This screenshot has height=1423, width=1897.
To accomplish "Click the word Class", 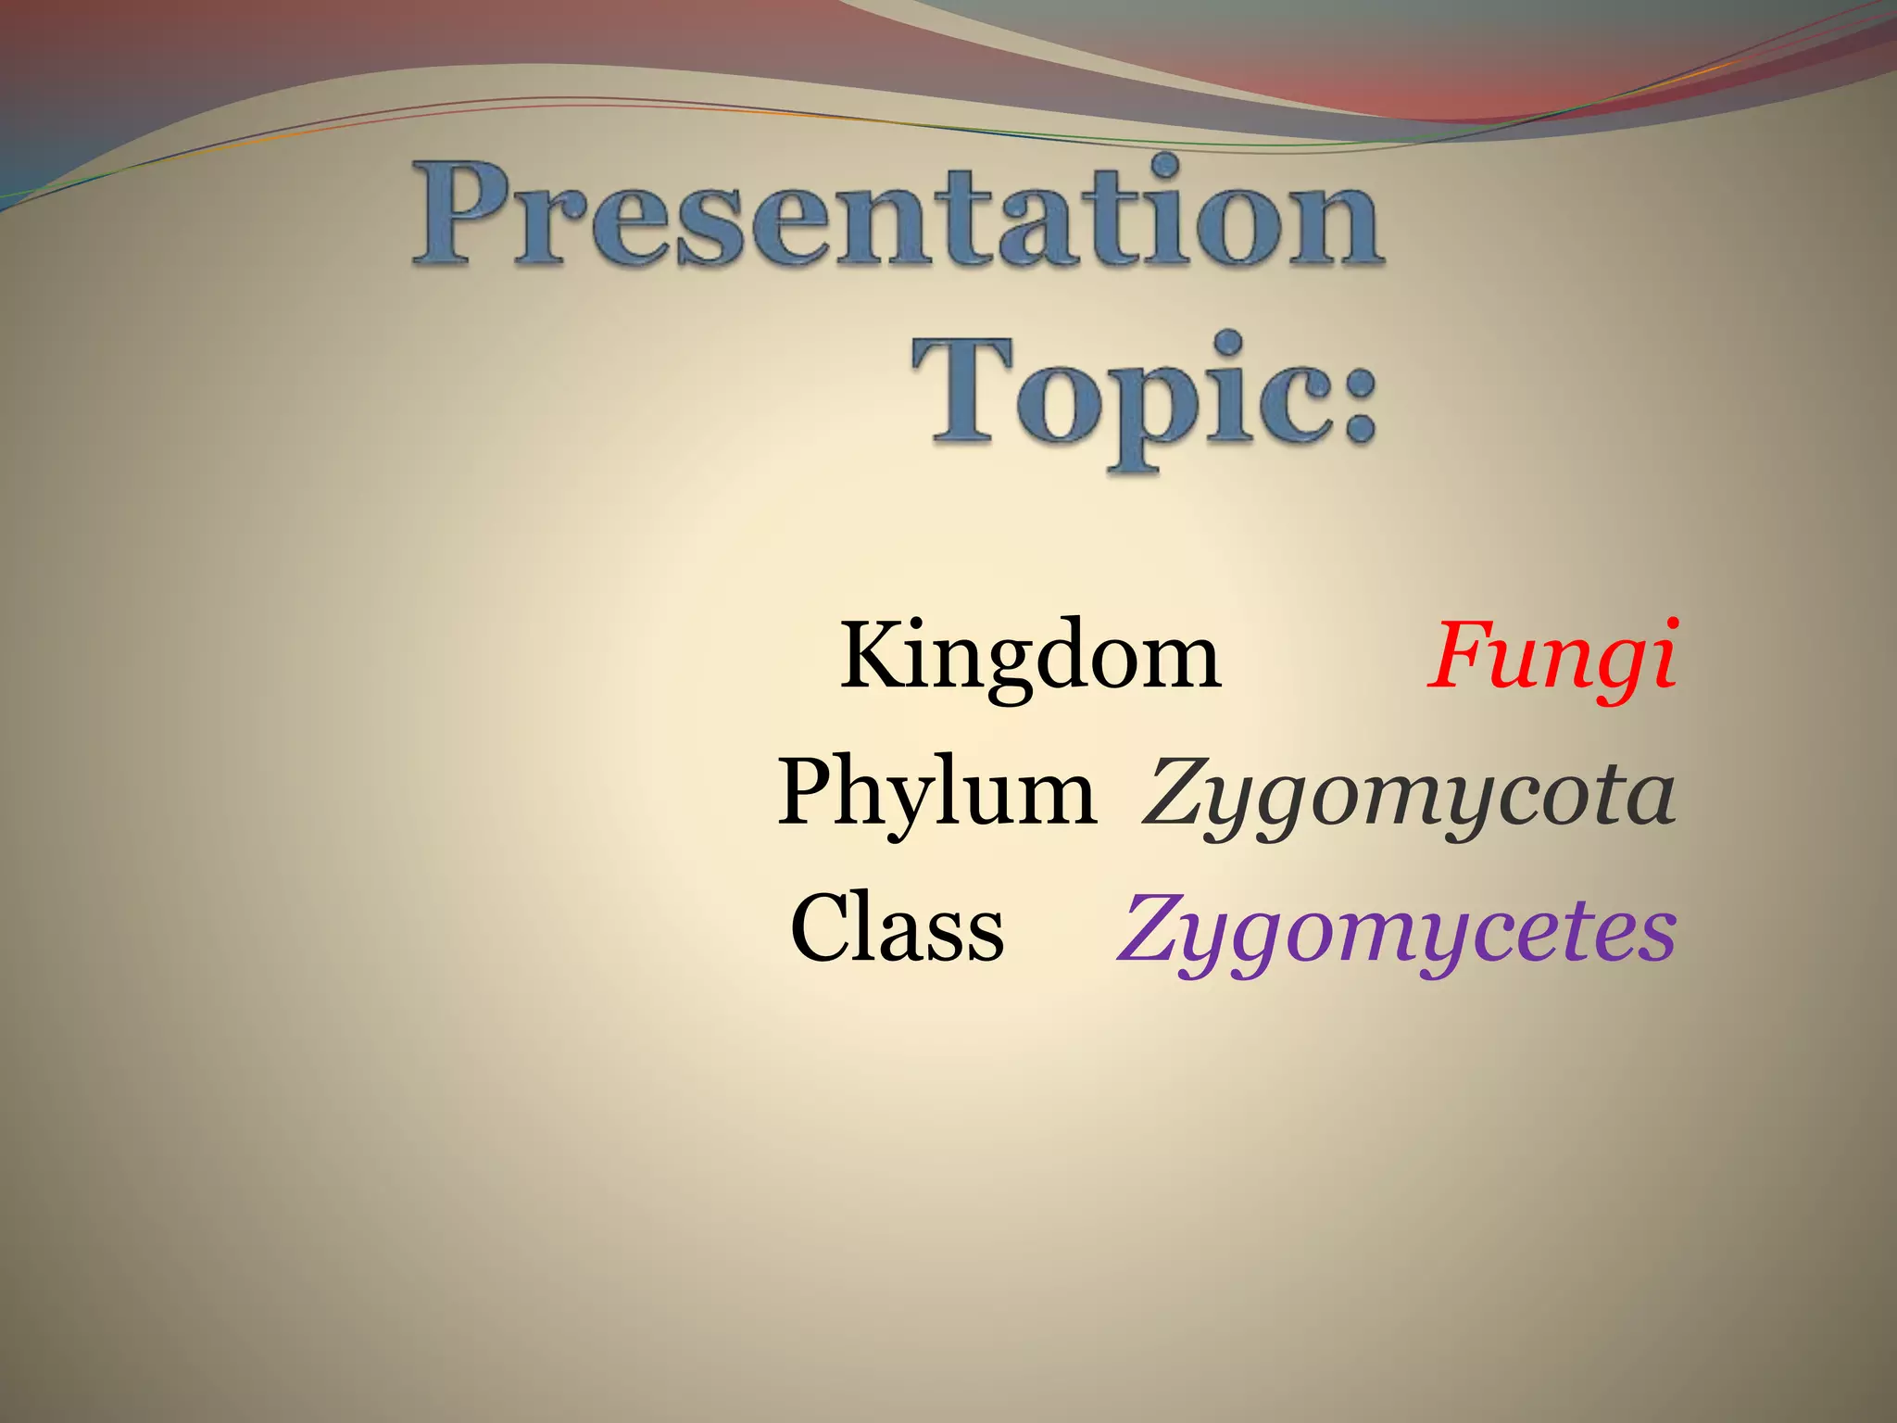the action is [898, 928].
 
